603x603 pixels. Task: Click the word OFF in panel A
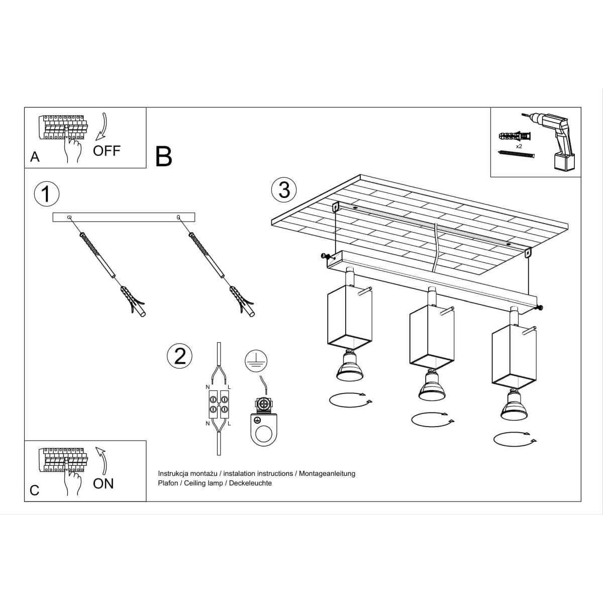pyautogui.click(x=107, y=150)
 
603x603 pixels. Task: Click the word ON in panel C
pyautogui.click(x=104, y=483)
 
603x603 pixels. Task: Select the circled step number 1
pyautogui.click(x=46, y=193)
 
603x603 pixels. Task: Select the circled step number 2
pyautogui.click(x=180, y=356)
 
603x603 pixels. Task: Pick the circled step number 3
pyautogui.click(x=284, y=190)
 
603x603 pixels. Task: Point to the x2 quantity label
pyautogui.click(x=519, y=146)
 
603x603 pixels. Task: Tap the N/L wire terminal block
pyautogui.click(x=219, y=405)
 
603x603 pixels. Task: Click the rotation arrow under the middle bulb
pyautogui.click(x=432, y=418)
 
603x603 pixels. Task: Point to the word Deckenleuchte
pyautogui.click(x=250, y=483)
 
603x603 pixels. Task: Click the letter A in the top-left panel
pyautogui.click(x=35, y=157)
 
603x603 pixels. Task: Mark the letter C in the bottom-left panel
pyautogui.click(x=35, y=490)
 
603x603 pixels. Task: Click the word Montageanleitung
pyautogui.click(x=327, y=473)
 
